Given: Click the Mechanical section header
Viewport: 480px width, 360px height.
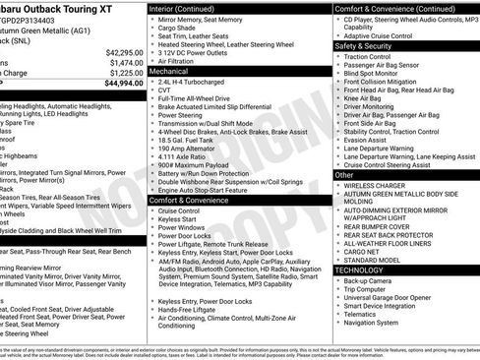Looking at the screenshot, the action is tap(169, 72).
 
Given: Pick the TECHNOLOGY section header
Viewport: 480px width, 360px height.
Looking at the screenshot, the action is tap(359, 270).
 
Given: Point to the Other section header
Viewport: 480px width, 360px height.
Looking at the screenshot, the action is tap(343, 174).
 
